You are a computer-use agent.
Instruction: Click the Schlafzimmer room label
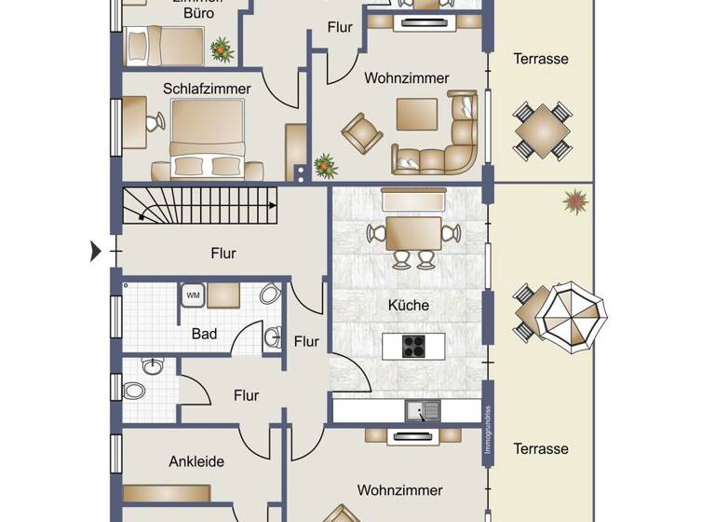[207, 89]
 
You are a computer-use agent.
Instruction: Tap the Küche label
[408, 305]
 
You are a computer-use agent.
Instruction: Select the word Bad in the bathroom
[205, 333]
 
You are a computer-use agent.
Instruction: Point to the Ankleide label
[196, 461]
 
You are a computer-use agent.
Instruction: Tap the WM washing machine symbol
[194, 295]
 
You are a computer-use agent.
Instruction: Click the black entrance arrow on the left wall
[96, 251]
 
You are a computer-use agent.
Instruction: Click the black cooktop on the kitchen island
[413, 346]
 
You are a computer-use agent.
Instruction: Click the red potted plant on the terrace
[575, 201]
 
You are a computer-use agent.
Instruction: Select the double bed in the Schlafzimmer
[207, 138]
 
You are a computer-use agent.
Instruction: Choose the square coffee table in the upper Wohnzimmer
[415, 114]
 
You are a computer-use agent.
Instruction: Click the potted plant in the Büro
[222, 48]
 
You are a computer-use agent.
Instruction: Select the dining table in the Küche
[413, 230]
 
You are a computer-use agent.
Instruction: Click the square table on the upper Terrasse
[542, 130]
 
